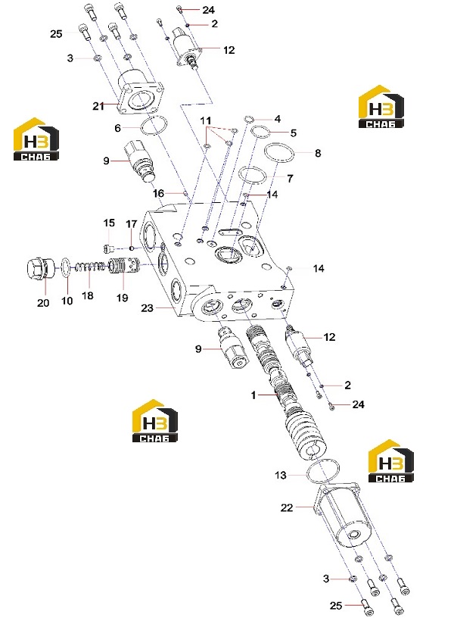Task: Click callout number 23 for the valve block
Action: tap(147, 307)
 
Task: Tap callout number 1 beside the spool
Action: tap(253, 395)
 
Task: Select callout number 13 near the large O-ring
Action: tap(280, 475)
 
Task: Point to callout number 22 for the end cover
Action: tap(287, 507)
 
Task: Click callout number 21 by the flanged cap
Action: tap(98, 106)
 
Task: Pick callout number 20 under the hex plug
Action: tap(43, 303)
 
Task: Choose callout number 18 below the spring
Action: tap(88, 295)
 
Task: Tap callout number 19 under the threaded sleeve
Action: tap(123, 298)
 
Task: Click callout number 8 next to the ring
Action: tap(318, 153)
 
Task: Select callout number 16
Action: tap(158, 193)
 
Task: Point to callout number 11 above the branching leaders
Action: tap(205, 120)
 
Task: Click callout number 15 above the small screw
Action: tap(109, 223)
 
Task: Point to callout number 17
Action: tap(131, 224)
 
